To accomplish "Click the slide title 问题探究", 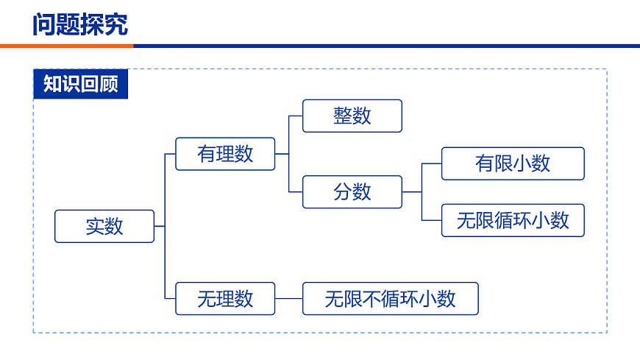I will (80, 24).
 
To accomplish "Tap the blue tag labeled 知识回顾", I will (81, 84).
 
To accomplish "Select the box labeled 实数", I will (104, 226).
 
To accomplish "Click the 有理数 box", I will (225, 154).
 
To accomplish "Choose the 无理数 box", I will (225, 298).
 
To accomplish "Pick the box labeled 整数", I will (352, 116).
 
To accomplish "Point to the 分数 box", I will (352, 191).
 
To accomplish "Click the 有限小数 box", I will (513, 163).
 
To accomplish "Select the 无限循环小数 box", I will (513, 220).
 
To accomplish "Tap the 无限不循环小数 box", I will (390, 298).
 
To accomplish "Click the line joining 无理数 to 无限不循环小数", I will (288, 298).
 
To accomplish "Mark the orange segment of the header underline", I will (66, 46).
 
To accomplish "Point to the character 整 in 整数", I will (343, 116).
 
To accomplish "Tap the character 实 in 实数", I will (95, 226).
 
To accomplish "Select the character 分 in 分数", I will (343, 191).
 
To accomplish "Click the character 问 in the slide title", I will (44, 24).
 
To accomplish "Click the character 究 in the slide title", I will (116, 24).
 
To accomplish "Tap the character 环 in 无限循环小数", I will (522, 220).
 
